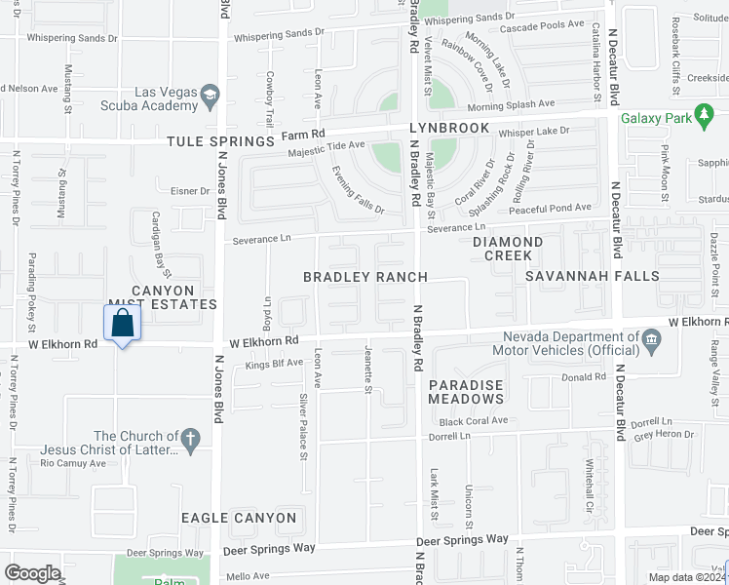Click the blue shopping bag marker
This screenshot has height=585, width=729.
click(x=122, y=324)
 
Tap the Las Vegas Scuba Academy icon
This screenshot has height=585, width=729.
click(x=210, y=95)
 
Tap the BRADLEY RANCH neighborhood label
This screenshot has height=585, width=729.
click(x=364, y=277)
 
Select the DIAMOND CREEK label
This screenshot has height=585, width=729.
click(x=508, y=249)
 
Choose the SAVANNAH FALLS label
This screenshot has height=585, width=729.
click(x=592, y=277)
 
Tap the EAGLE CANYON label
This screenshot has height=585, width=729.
click(x=238, y=518)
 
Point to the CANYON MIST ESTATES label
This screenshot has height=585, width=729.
click(x=162, y=297)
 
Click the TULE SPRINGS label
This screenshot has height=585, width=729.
click(x=221, y=141)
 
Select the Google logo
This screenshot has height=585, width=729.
click(x=33, y=573)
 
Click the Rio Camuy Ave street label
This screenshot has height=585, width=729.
click(x=73, y=463)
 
